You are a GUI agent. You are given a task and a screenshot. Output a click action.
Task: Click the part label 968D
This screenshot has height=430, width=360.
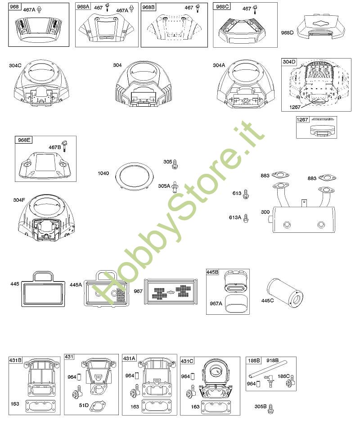(x=287, y=32)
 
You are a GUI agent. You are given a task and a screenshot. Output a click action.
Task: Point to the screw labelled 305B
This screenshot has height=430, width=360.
(x=271, y=408)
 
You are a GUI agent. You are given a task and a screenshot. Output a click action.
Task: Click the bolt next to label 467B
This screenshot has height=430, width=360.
(x=65, y=145)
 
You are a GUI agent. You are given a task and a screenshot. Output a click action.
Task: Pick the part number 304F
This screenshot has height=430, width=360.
(x=19, y=200)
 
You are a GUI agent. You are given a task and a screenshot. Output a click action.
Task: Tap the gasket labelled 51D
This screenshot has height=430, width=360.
(x=98, y=405)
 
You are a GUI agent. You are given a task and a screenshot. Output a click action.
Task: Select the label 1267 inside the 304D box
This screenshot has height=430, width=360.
(x=295, y=107)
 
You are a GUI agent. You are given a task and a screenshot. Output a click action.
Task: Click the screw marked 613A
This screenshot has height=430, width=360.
(x=246, y=218)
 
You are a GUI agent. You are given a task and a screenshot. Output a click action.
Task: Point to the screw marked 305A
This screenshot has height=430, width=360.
(x=175, y=187)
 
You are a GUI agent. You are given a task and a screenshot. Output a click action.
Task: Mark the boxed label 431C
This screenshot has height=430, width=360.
(x=187, y=361)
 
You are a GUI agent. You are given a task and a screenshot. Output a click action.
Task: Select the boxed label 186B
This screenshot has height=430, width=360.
(x=254, y=360)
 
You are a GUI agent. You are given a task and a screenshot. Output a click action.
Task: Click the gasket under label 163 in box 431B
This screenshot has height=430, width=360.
(x=40, y=406)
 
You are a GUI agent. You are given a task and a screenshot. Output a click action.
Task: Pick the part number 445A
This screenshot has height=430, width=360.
(x=76, y=285)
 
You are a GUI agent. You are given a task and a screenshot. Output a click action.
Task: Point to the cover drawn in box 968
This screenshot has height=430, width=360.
(x=39, y=30)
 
